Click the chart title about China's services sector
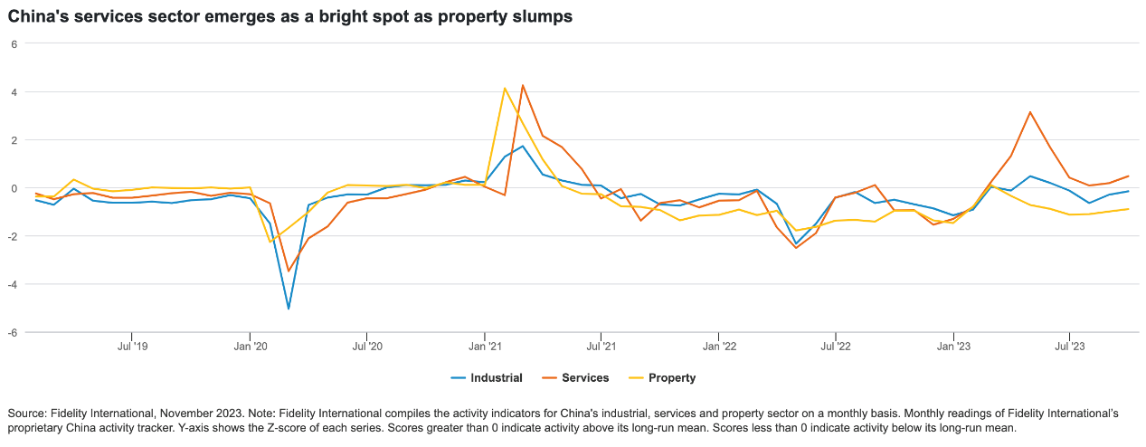[x=290, y=16]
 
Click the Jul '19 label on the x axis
[x=132, y=346]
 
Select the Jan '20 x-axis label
[x=250, y=346]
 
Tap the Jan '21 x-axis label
[x=485, y=346]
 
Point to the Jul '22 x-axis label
[x=836, y=346]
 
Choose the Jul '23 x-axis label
[x=1070, y=346]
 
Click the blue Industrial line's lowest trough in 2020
[x=289, y=309]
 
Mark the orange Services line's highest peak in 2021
[x=523, y=86]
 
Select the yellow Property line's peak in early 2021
[x=504, y=89]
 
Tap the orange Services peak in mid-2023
[x=1030, y=112]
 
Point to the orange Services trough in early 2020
[x=289, y=271]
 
